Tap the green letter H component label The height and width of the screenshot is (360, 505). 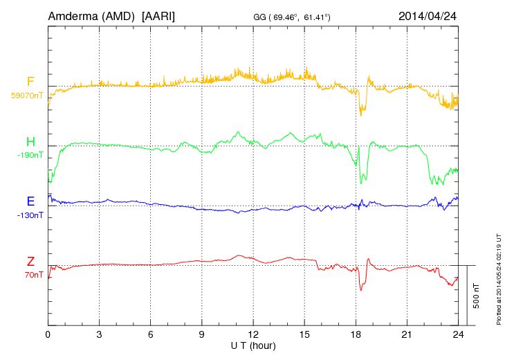[30, 143]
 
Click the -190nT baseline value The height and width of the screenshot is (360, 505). [30, 155]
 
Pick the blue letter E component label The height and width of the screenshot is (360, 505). [30, 202]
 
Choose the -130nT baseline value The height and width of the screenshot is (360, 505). [30, 215]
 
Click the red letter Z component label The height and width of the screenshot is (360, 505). [30, 262]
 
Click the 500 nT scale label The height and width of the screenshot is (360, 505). [476, 296]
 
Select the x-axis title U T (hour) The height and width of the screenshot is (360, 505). [253, 344]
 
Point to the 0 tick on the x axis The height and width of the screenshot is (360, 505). [48, 334]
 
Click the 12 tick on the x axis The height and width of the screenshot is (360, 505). [253, 334]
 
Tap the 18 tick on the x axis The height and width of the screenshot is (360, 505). [356, 334]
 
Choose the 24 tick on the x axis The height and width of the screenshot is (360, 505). [458, 334]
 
